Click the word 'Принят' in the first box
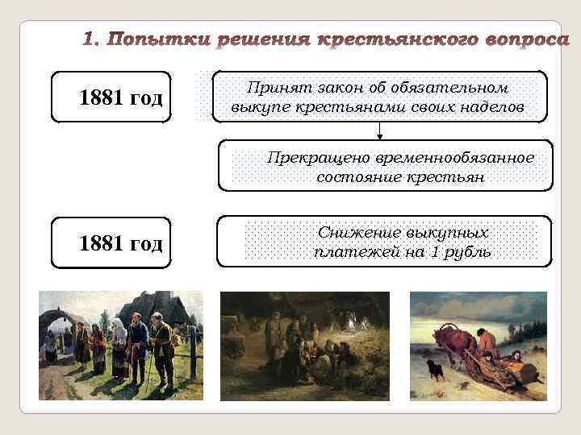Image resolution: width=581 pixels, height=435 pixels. [x=273, y=87]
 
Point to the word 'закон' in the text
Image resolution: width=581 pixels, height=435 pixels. [x=328, y=87]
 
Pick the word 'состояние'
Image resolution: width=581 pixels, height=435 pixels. [x=353, y=177]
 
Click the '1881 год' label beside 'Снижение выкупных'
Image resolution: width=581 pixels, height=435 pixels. [x=121, y=242]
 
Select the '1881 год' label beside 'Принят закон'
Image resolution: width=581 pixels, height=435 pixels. [x=121, y=98]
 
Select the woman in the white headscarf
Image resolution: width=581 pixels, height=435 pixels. [x=119, y=342]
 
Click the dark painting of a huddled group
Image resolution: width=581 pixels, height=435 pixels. [x=304, y=346]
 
